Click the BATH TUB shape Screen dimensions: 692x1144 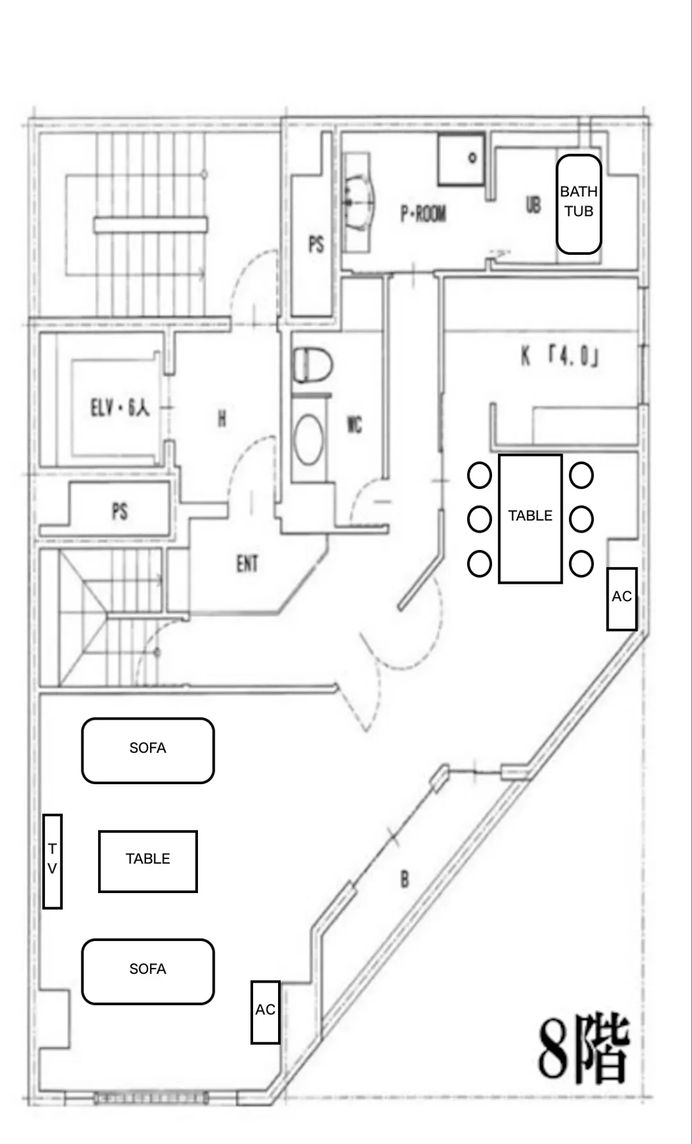click(579, 204)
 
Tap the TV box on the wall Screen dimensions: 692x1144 click(53, 861)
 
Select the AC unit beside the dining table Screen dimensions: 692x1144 click(622, 599)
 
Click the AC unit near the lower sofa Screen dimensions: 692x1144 click(265, 1012)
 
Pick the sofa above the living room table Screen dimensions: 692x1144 click(148, 750)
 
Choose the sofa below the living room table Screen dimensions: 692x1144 click(148, 971)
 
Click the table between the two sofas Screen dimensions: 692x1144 click(148, 861)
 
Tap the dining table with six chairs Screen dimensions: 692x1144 click(531, 519)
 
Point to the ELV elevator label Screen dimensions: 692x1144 click(120, 407)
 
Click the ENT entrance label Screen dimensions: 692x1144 click(247, 563)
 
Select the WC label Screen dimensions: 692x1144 click(354, 424)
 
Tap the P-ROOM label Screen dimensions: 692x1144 click(423, 213)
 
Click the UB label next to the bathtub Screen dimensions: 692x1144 click(533, 204)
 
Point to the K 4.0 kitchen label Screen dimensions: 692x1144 click(559, 357)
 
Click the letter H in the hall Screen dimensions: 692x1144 click(222, 419)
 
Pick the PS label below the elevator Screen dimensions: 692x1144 click(120, 511)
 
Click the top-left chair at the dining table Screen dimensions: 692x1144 click(479, 476)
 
